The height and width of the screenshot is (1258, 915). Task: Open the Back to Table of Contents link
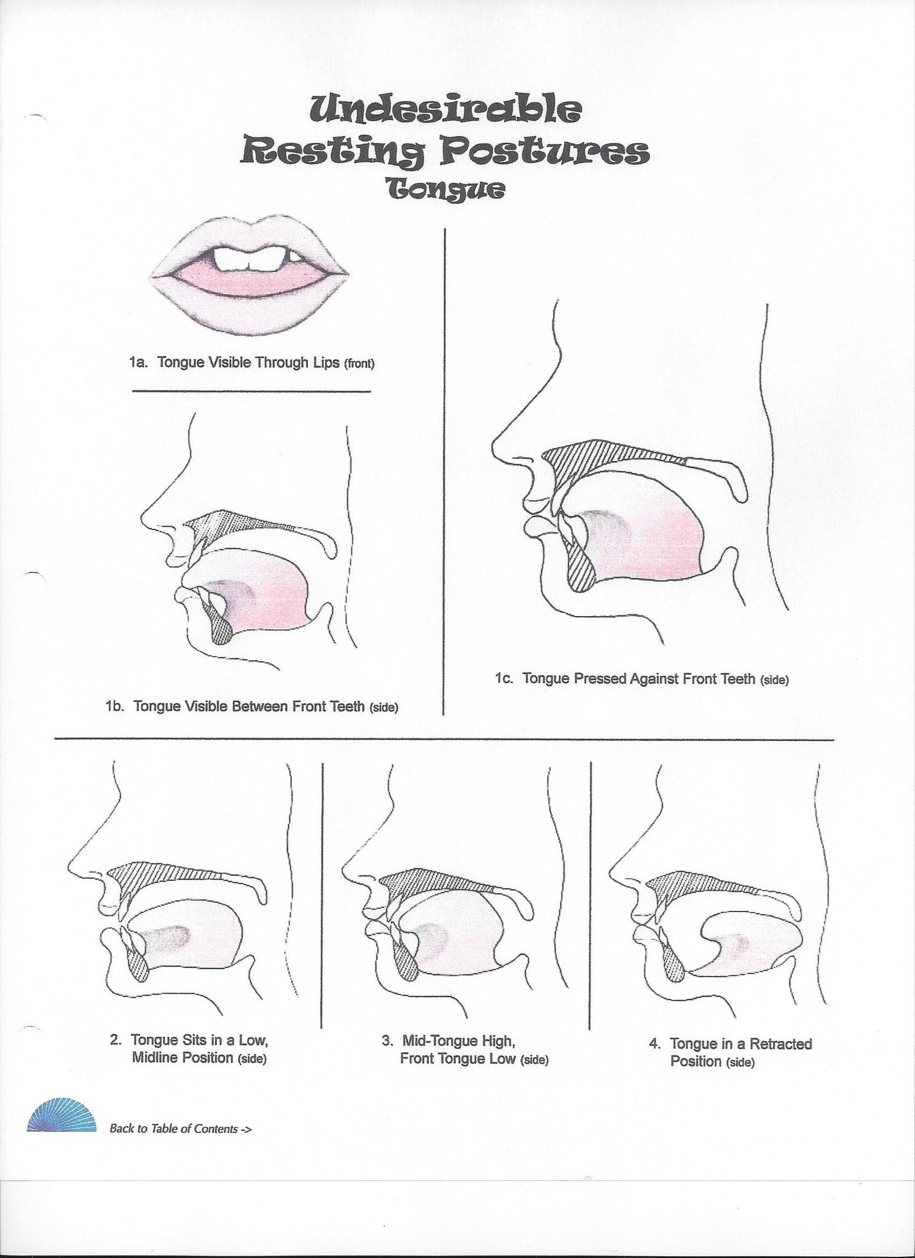[180, 1128]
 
